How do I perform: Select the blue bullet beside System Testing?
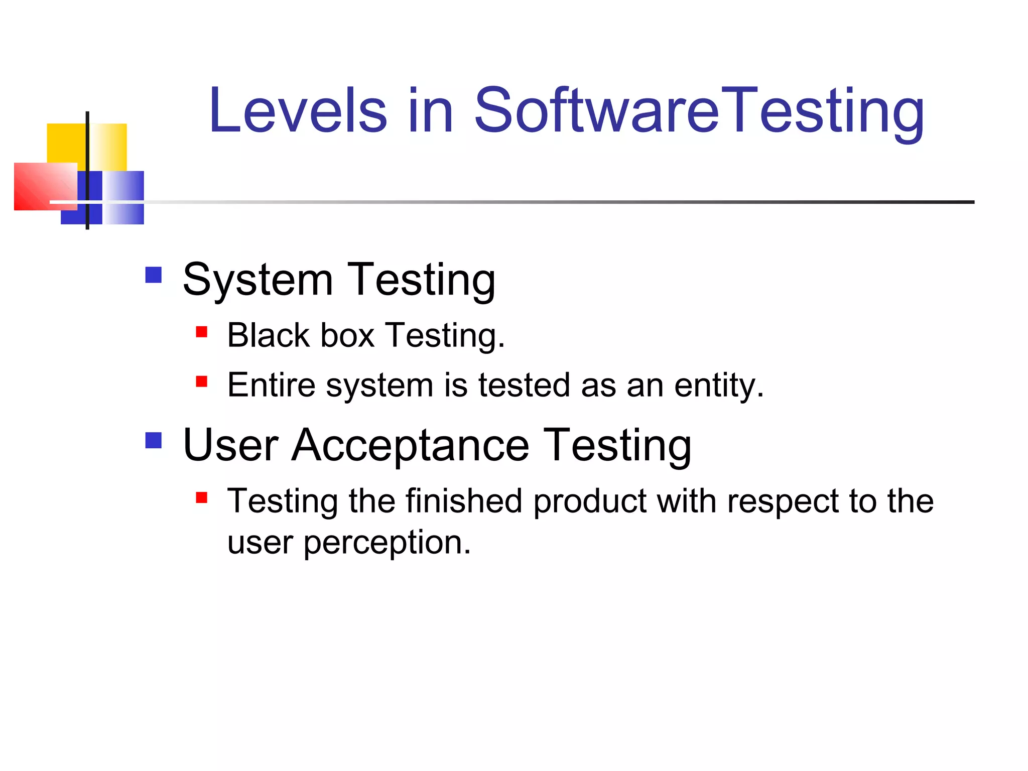154,275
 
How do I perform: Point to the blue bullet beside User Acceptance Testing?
154,440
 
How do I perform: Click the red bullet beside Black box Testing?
202,332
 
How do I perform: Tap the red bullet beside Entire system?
202,382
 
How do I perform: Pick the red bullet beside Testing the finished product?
202,497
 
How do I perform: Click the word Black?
269,335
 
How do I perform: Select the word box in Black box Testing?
347,335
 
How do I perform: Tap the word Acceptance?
411,445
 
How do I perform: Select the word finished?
464,501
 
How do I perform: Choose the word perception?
387,543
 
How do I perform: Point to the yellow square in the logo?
65,143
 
